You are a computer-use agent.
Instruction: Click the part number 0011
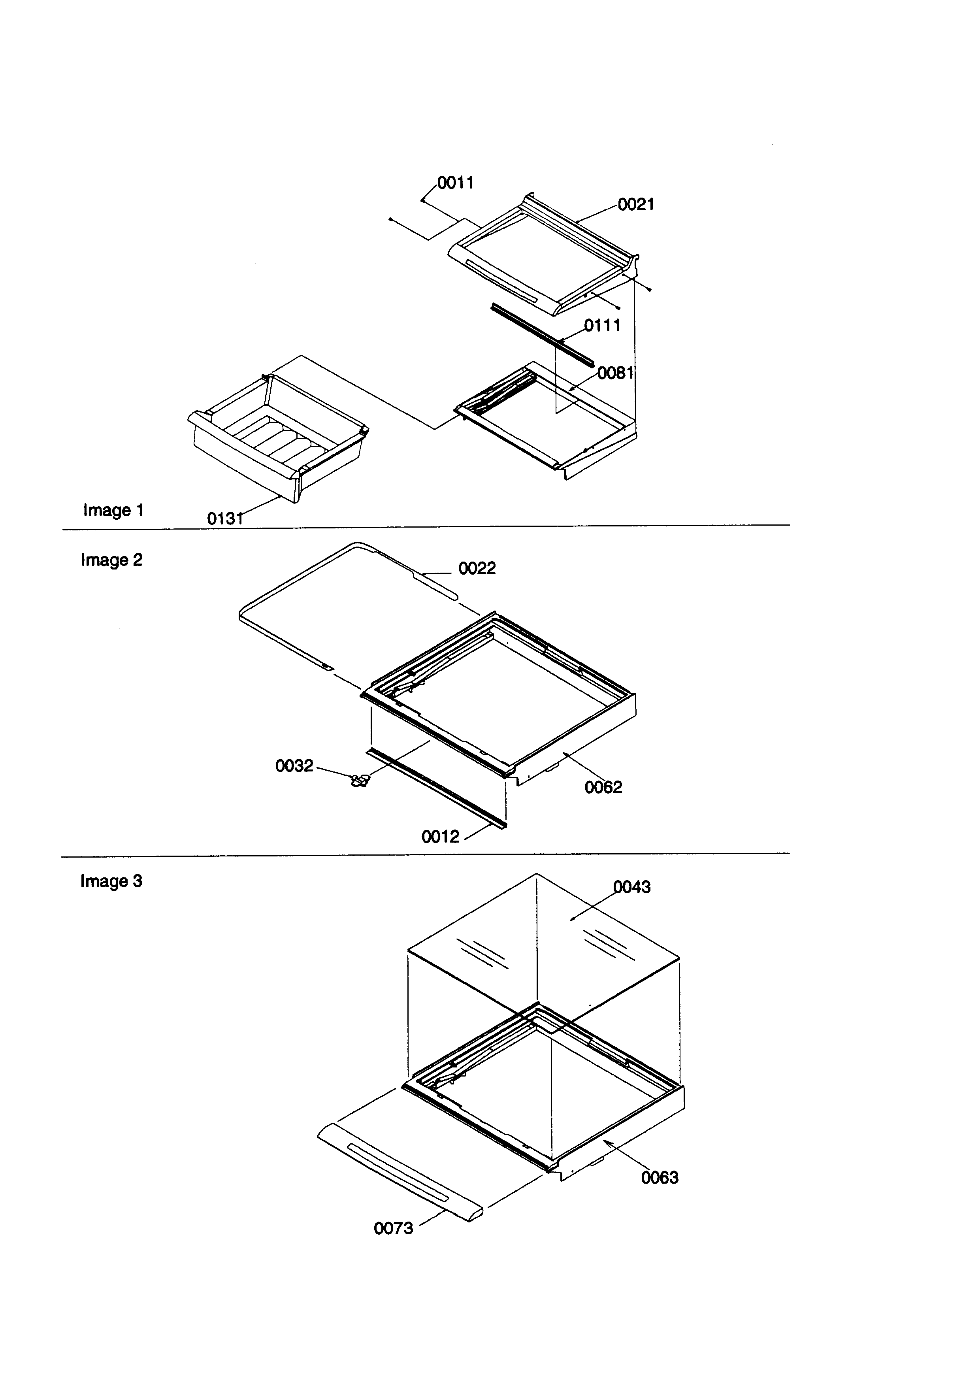coord(456,182)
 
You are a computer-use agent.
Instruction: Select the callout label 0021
coord(636,205)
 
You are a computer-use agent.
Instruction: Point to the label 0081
coord(616,373)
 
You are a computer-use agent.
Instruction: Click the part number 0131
coord(225,518)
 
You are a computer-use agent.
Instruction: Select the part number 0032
coord(294,766)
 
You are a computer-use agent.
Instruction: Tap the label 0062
coord(603,787)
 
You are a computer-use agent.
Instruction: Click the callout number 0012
coord(440,836)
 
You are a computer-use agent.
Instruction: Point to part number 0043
coord(632,887)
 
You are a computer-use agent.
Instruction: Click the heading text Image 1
coord(113,510)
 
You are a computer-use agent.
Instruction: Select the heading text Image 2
coord(112,560)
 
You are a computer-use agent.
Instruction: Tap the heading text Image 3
coord(112,881)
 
